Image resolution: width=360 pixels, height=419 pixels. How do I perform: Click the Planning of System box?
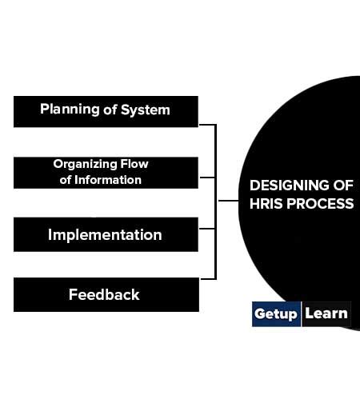(x=106, y=111)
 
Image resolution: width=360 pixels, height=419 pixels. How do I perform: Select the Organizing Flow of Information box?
(x=106, y=172)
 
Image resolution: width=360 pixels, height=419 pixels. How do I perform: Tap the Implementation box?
(x=106, y=234)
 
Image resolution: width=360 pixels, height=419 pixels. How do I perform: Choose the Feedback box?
(x=106, y=294)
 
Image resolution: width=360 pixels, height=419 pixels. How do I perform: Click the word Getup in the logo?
(x=276, y=313)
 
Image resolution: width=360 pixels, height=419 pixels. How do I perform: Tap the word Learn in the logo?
(x=326, y=313)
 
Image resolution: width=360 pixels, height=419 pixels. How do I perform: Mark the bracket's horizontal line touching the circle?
(x=227, y=201)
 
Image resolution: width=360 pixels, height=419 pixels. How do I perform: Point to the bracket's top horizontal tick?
(x=206, y=125)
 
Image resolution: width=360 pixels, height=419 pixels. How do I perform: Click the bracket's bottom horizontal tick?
(x=206, y=278)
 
